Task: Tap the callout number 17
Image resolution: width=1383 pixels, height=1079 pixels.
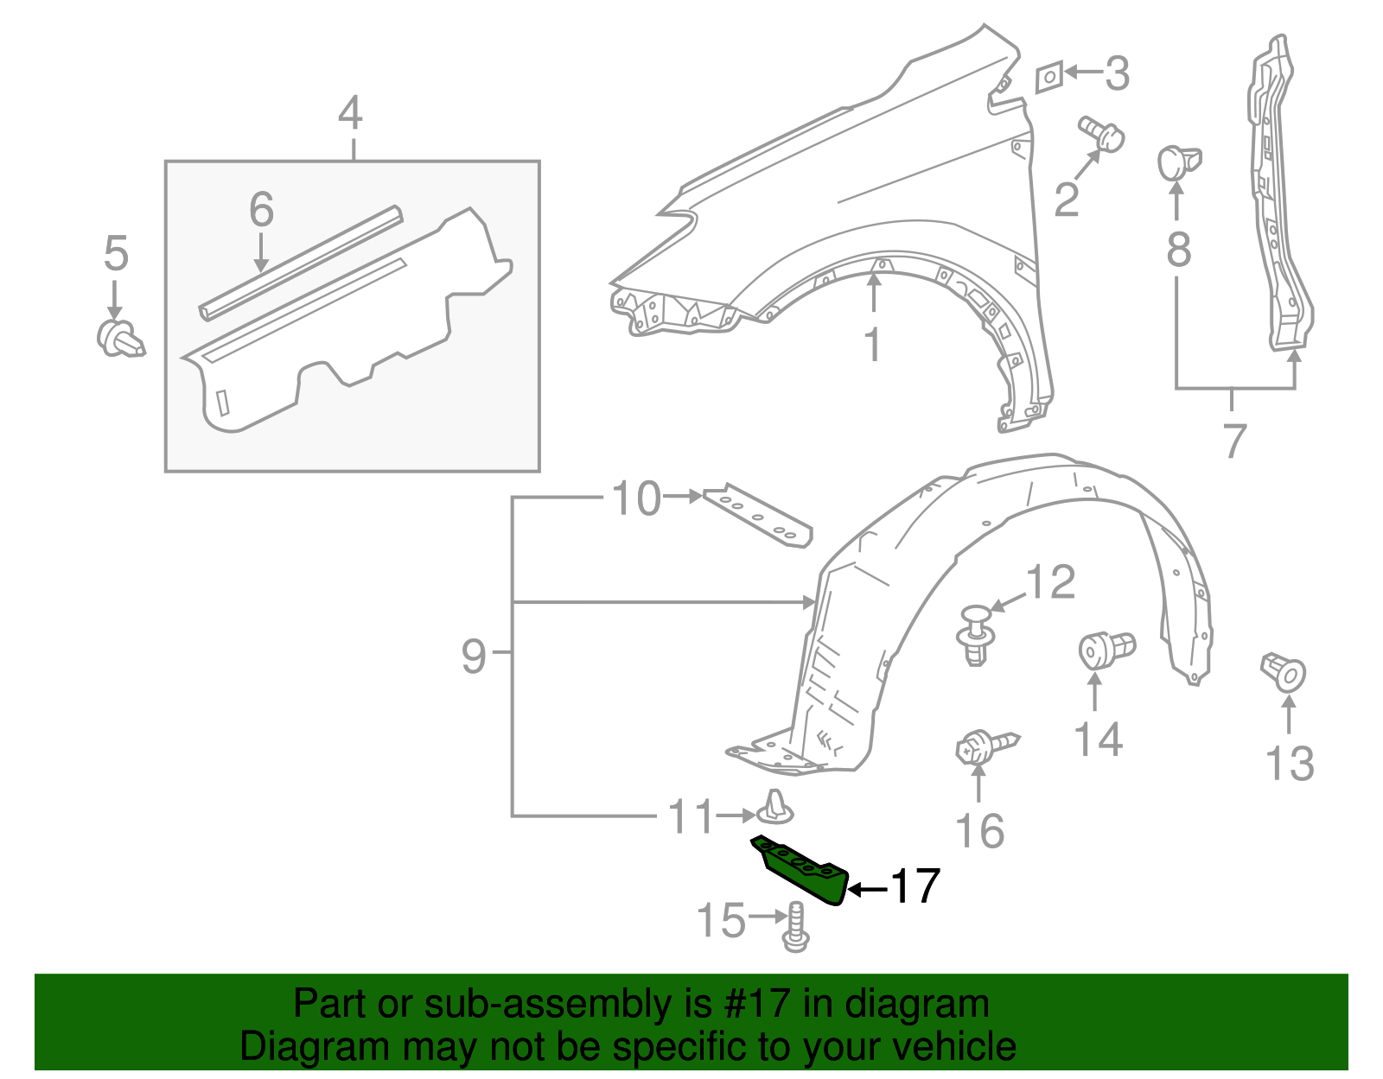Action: coord(915,886)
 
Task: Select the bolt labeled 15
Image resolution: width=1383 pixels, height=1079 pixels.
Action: coord(795,927)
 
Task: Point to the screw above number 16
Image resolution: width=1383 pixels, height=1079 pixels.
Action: coord(985,746)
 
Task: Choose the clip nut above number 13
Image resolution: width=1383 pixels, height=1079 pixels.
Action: coord(1284,672)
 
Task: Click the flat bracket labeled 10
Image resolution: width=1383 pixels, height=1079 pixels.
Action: coord(758,516)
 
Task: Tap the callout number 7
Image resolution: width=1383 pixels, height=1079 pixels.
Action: coord(1234,440)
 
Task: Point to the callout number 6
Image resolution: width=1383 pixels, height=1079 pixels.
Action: coord(261,210)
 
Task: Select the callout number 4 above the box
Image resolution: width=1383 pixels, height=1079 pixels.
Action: coord(350,114)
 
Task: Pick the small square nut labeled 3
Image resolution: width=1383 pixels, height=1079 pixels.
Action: coord(1048,77)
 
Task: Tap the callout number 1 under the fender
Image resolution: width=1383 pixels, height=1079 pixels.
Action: coord(874,345)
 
